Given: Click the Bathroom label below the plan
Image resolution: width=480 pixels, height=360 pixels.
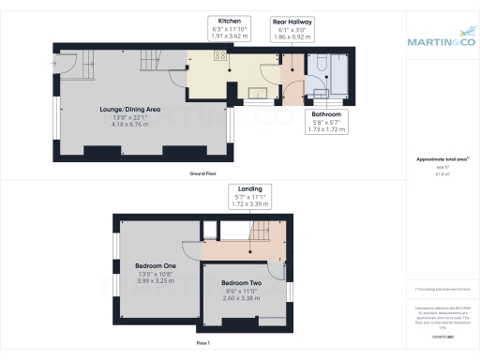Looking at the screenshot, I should click(x=326, y=113).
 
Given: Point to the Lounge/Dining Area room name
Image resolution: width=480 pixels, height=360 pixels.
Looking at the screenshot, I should click(x=130, y=110).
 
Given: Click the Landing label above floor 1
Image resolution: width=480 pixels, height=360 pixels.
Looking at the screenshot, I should click(x=249, y=188).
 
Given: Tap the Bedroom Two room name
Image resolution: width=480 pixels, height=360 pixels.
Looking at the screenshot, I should click(x=242, y=282).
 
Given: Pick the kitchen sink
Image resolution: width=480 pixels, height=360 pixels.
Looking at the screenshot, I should click(x=254, y=92).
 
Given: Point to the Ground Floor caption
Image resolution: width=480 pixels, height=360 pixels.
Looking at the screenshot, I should click(x=203, y=175).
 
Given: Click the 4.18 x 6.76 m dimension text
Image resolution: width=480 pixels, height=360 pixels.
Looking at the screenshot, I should click(x=130, y=124).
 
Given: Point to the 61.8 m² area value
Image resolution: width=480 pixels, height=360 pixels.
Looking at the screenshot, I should click(x=439, y=174).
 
